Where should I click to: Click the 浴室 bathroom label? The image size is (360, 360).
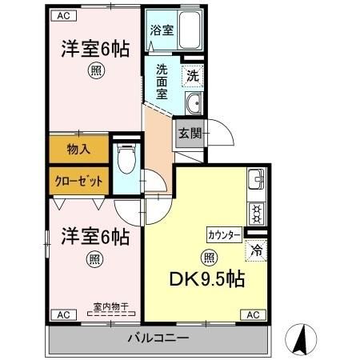tap(162, 31)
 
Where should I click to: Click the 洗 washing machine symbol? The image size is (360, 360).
tap(193, 78)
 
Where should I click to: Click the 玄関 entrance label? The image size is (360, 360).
tap(190, 134)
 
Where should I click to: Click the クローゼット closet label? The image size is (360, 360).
tap(78, 181)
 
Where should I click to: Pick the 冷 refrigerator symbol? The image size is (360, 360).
tap(256, 250)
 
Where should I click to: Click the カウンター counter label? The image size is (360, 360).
tap(224, 234)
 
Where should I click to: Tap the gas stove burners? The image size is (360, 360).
tap(256, 212)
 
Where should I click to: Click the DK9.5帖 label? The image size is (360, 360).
tap(206, 281)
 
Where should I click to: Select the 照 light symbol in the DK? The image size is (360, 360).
tap(210, 257)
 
